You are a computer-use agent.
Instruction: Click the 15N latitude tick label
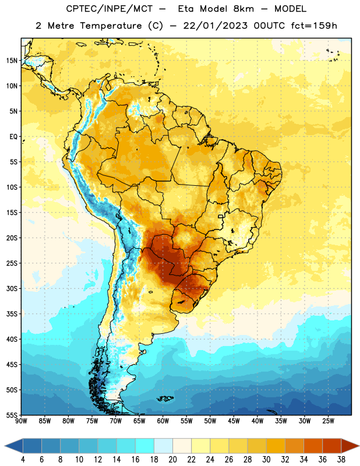click(12, 61)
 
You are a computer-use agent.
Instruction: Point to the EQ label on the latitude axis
click(13, 137)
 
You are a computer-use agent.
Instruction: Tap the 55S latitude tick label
click(12, 415)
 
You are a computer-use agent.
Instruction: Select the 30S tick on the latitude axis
click(12, 288)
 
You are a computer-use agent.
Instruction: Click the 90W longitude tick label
click(21, 421)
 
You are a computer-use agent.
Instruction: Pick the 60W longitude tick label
click(163, 421)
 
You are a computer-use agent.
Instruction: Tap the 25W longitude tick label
click(328, 421)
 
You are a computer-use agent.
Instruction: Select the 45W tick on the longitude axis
click(234, 421)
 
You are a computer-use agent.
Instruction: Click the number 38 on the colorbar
click(341, 460)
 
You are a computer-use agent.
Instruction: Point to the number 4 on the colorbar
click(23, 460)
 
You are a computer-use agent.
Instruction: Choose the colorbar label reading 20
click(172, 460)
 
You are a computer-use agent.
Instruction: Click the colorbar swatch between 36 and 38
click(332, 446)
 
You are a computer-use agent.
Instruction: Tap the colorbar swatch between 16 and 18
click(145, 446)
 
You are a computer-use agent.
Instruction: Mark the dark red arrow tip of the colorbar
click(359, 446)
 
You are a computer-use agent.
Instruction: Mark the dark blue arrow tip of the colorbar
click(5, 446)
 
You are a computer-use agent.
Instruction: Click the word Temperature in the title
click(111, 26)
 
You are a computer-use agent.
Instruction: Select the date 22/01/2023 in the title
click(215, 26)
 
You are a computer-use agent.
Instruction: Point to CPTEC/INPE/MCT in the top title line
click(110, 9)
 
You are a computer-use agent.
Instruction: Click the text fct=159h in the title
click(314, 26)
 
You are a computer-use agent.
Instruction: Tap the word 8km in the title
click(243, 9)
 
